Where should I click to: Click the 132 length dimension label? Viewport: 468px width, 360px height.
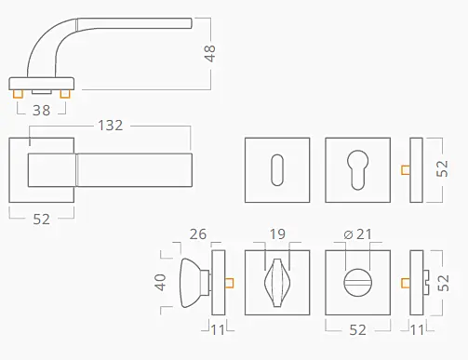[111, 126]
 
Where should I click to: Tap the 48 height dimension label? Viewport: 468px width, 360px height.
[210, 53]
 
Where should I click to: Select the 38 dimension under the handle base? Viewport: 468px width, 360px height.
[42, 111]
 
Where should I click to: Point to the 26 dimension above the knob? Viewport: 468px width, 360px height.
[198, 234]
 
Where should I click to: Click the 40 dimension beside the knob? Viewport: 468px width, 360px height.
[161, 282]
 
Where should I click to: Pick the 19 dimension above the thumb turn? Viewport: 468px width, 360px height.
[277, 234]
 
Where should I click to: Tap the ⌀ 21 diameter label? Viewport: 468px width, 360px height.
[357, 234]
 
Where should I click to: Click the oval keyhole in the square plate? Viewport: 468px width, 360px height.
[277, 170]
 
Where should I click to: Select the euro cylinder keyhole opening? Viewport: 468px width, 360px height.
[357, 170]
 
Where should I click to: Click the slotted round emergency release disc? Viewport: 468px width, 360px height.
[357, 283]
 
